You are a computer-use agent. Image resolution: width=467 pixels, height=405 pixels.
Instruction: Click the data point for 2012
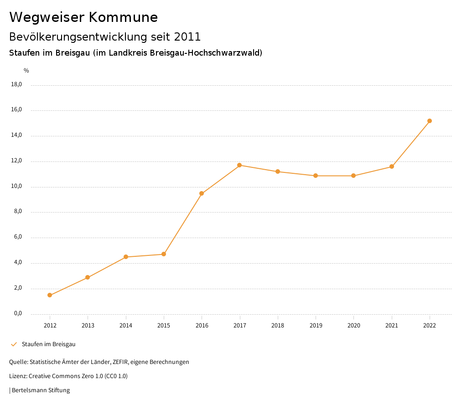point(50,295)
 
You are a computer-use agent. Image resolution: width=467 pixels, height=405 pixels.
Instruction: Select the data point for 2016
point(202,193)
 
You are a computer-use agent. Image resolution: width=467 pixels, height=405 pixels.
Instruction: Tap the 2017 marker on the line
point(239,165)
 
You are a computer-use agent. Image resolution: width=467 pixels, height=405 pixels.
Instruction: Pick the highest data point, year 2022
point(430,121)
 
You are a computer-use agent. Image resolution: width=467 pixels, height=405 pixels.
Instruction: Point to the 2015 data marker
point(164,254)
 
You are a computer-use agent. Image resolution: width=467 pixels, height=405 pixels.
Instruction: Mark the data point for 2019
point(316,176)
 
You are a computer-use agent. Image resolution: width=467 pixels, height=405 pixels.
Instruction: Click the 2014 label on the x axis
point(126,325)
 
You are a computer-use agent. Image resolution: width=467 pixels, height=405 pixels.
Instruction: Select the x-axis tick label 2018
point(278,325)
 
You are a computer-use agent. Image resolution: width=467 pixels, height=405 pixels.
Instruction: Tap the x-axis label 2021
point(392,325)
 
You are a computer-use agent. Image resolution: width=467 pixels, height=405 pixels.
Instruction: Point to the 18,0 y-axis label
point(16,84)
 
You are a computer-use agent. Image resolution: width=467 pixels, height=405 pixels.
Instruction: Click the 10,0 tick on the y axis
point(16,187)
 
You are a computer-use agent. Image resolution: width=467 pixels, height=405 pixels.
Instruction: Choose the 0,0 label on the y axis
point(18,314)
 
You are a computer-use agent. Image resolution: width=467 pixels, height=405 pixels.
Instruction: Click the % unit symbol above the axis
point(26,70)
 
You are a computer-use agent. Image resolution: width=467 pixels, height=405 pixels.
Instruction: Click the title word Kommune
point(123,17)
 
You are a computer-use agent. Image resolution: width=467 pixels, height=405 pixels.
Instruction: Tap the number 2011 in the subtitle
point(187,36)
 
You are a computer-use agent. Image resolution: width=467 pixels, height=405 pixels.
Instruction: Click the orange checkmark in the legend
point(14,344)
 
